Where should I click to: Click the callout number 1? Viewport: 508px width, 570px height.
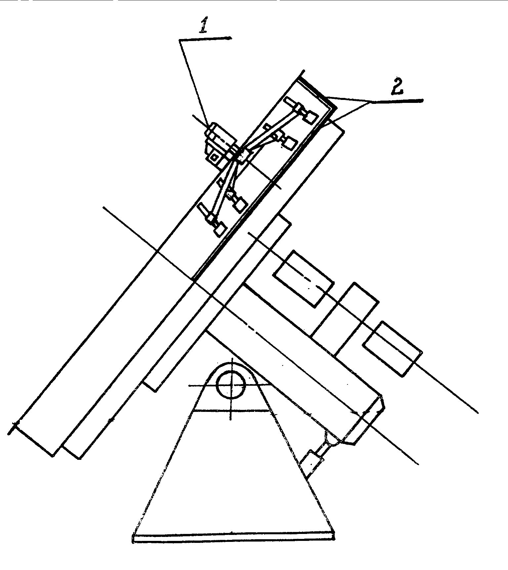tap(203, 25)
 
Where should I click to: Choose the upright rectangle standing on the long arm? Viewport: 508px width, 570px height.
tap(345, 320)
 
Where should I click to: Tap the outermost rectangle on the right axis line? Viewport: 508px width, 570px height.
tap(392, 349)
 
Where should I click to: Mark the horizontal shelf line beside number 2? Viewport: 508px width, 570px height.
tap(397, 101)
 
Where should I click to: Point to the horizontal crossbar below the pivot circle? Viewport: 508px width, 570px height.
tap(232, 410)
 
